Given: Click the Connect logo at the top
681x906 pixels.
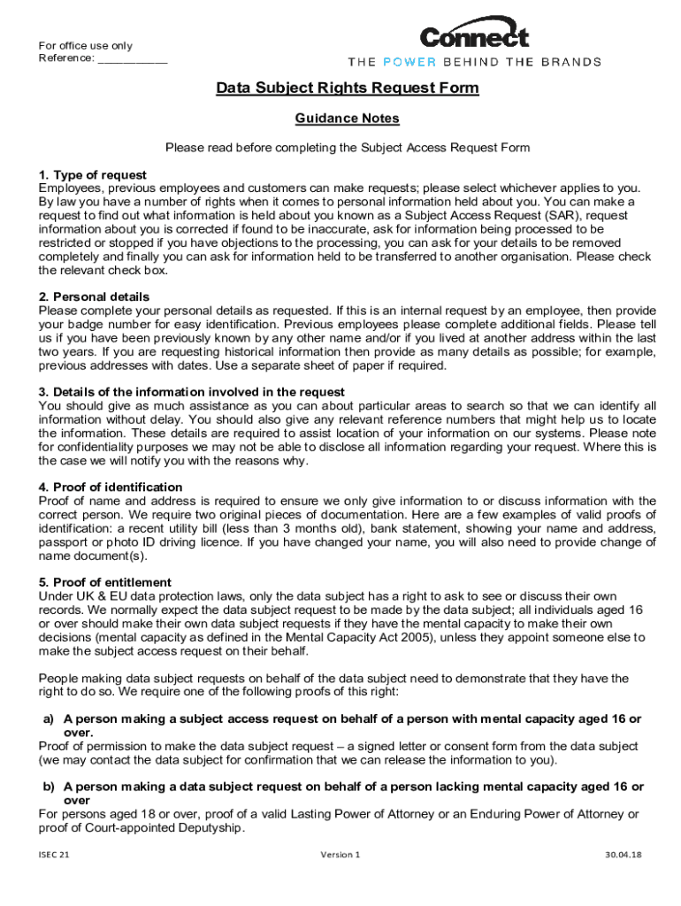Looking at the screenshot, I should (474, 36).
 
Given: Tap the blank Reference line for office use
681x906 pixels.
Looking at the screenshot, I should (132, 59).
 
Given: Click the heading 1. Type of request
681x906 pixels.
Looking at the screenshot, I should (92, 175).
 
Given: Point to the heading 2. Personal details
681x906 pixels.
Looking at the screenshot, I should (94, 296).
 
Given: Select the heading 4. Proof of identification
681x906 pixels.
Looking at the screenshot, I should (111, 488).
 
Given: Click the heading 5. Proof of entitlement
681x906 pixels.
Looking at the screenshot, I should (105, 583).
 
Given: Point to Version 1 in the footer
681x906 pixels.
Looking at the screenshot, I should (340, 856).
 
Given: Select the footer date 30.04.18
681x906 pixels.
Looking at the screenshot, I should (623, 856).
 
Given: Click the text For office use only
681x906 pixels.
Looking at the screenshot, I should (85, 46).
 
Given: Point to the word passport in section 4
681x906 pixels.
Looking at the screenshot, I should (61, 542).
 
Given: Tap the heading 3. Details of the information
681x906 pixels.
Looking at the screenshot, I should (191, 392).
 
